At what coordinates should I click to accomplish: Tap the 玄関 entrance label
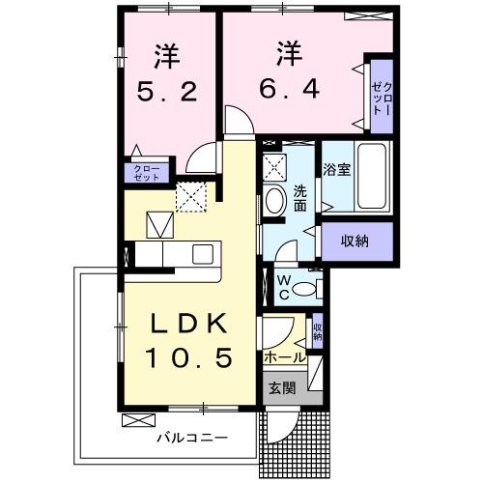coord(282,388)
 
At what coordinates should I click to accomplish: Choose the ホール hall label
coord(285,357)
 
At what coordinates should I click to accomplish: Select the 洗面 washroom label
coord(299,198)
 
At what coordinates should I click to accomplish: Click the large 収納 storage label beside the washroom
coord(355,241)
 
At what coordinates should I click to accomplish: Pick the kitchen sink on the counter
coord(203,254)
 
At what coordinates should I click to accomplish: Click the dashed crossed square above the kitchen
coord(191,196)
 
